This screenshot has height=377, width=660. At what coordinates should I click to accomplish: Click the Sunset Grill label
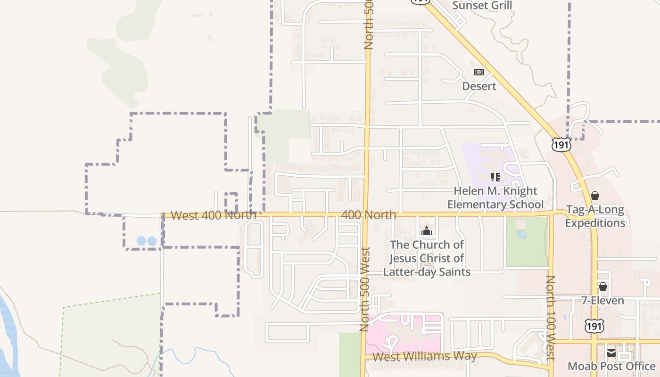482,6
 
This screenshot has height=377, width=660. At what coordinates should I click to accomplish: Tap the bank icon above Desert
478,72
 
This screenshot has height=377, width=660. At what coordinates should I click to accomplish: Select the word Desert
479,86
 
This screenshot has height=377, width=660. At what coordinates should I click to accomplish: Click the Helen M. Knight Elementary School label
495,198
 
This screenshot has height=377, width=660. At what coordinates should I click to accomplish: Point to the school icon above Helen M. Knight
495,177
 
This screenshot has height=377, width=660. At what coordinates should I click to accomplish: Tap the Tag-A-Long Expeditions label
594,216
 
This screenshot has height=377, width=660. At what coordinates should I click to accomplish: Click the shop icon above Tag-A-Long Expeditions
595,196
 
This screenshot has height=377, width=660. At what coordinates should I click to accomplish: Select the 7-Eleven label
602,301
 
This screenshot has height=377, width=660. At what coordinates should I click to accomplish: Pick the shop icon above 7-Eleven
602,287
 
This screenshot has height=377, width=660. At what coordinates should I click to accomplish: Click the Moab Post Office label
611,366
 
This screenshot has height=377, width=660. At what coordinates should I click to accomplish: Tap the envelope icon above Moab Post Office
611,352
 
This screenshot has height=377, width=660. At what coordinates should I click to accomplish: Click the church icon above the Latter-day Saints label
427,231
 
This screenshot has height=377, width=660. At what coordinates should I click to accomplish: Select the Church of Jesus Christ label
427,258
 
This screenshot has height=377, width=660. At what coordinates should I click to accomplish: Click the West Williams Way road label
424,356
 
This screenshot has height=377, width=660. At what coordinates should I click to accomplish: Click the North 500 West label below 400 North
364,289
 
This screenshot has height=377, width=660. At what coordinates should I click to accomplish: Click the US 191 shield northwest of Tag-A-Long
561,144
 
